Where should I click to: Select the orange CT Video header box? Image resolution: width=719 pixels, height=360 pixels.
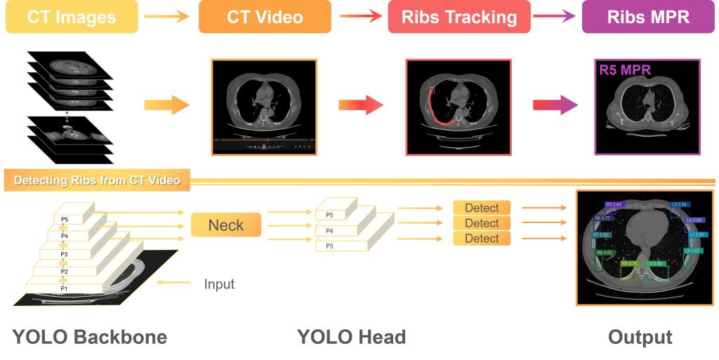coord(265,17)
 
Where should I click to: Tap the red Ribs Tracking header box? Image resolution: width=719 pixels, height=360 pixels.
coord(459,17)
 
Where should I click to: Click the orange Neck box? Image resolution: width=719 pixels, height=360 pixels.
coord(225,225)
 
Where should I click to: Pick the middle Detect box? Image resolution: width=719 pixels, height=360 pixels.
coord(482,223)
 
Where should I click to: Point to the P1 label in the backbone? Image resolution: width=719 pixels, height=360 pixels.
coord(64,288)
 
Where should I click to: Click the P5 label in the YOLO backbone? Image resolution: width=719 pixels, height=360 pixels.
coord(64,220)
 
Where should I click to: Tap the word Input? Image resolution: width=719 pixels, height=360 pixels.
coord(219,284)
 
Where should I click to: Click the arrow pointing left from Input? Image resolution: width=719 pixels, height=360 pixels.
coord(175,283)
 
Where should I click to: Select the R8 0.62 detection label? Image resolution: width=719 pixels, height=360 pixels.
coord(605,253)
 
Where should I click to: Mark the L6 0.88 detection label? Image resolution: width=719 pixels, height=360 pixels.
coord(695,220)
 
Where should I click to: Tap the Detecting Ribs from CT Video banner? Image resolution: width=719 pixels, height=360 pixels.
coord(97,180)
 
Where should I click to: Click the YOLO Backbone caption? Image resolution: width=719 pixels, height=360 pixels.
coord(90,337)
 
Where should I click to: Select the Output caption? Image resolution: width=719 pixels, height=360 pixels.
coord(640,337)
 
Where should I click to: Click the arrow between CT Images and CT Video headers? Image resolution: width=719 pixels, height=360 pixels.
coord(167,17)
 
